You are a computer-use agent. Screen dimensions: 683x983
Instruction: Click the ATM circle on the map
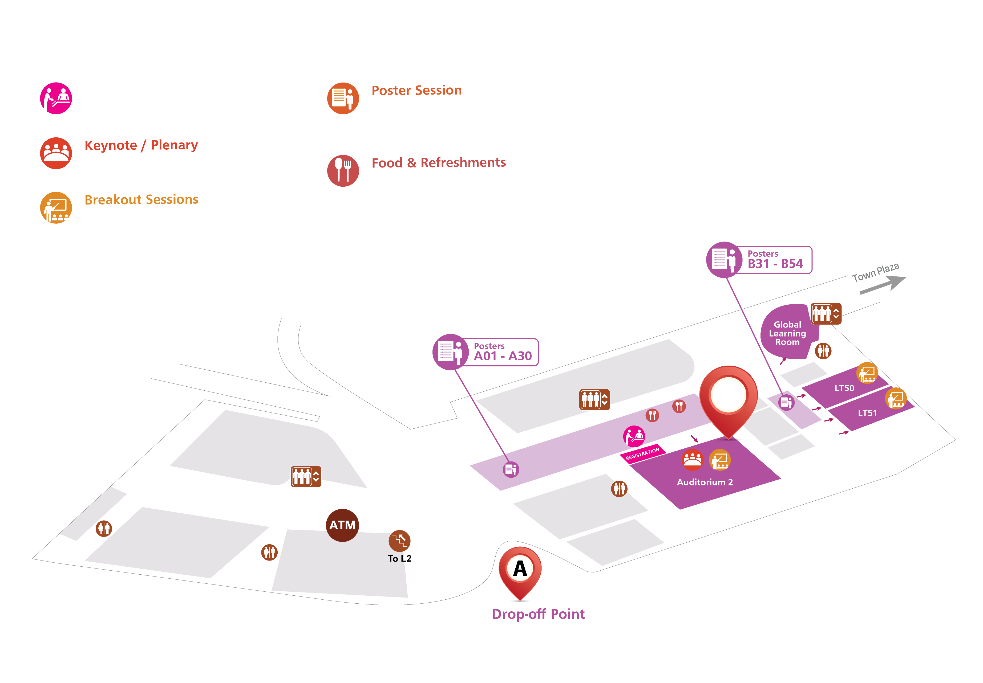[342, 525]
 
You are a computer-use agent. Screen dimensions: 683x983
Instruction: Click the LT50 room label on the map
[844, 388]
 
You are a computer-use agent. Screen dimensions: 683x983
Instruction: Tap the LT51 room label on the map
[867, 413]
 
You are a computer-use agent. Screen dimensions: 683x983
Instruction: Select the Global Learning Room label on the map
[787, 333]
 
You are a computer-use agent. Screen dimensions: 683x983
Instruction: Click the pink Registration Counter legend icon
[56, 98]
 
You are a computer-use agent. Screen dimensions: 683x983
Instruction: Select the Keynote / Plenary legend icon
[56, 153]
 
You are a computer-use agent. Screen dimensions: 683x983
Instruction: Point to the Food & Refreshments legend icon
[343, 171]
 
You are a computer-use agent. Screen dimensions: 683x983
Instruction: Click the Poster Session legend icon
[343, 98]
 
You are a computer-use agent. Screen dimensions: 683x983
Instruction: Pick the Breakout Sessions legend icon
[56, 207]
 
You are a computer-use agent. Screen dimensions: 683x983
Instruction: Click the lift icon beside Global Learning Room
[826, 314]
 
